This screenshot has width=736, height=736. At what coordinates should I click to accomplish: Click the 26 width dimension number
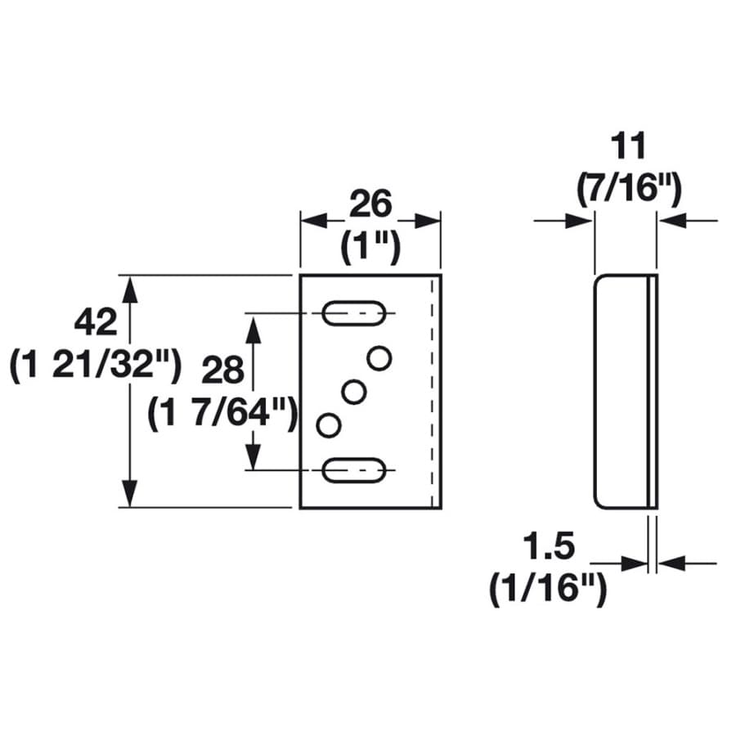[x=370, y=204]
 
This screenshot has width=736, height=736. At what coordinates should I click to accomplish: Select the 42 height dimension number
[x=96, y=322]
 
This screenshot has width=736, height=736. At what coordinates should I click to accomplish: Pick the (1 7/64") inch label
[x=223, y=413]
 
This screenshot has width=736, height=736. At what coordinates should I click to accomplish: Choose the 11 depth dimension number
[x=629, y=146]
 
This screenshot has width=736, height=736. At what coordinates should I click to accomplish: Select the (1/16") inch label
[x=548, y=590]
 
